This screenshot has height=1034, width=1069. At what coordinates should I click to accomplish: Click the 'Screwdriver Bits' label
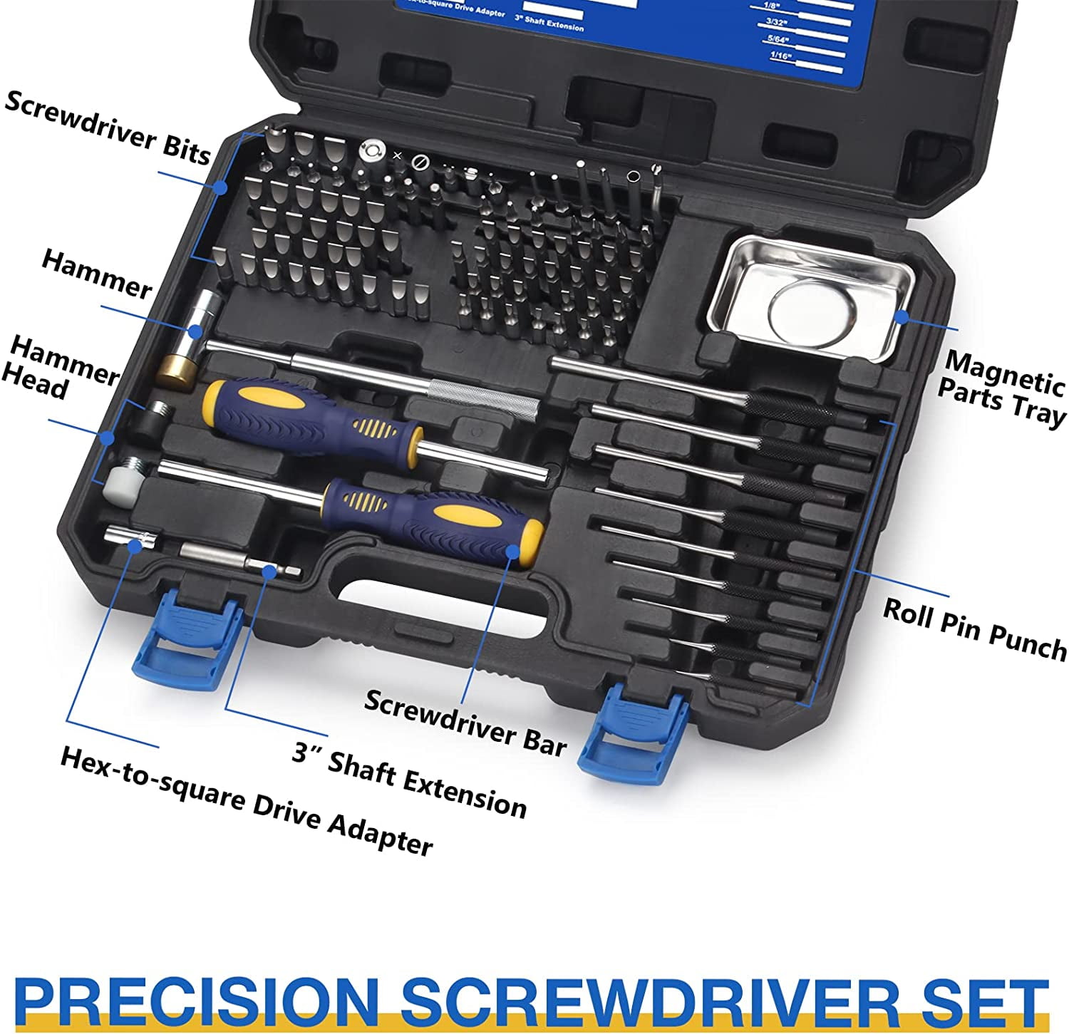click(x=107, y=127)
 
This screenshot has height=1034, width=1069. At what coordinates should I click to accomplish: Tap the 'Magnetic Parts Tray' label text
click(x=1001, y=388)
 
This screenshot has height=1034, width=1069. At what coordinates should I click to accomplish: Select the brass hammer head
click(x=176, y=371)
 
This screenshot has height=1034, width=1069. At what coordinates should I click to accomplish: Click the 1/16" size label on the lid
click(x=781, y=55)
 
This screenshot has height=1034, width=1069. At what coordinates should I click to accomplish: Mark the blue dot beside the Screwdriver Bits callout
click(x=220, y=187)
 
